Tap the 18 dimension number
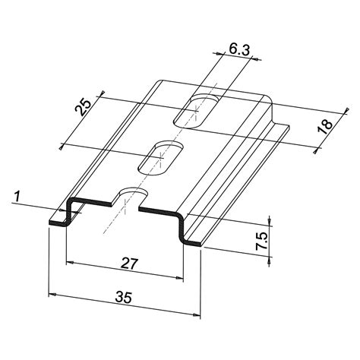(326, 126)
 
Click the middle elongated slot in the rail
(157, 156)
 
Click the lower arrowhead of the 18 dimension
(314, 149)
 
